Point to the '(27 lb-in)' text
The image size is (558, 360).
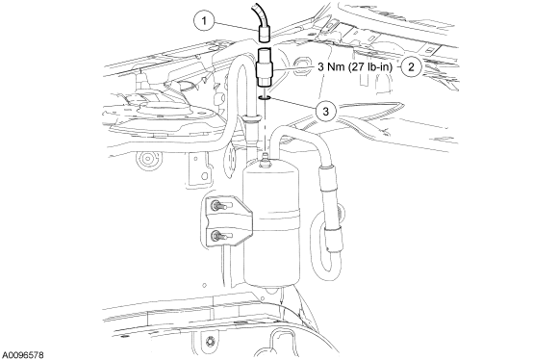(x=367, y=69)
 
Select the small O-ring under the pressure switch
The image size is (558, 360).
(x=264, y=96)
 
